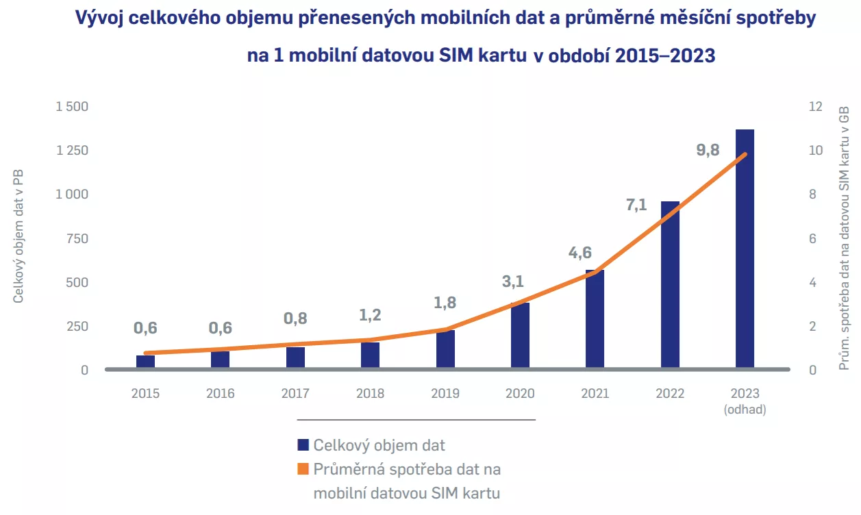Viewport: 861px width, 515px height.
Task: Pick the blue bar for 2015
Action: (145, 362)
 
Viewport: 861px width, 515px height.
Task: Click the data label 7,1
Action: (636, 204)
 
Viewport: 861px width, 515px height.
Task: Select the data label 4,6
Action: (579, 253)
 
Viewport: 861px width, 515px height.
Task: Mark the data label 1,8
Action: (444, 303)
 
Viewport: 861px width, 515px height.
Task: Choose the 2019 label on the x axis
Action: (445, 394)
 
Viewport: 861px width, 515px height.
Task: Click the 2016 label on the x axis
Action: (220, 394)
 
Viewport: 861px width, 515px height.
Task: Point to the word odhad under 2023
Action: (745, 410)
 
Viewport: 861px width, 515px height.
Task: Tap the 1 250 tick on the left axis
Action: (72, 151)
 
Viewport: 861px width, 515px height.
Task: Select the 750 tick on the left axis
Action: (77, 238)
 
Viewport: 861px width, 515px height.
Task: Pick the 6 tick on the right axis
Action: (812, 238)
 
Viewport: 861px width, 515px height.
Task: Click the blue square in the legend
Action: (303, 445)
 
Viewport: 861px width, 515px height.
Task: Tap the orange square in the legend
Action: (303, 470)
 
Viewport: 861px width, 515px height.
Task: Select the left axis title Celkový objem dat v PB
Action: (19, 237)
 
